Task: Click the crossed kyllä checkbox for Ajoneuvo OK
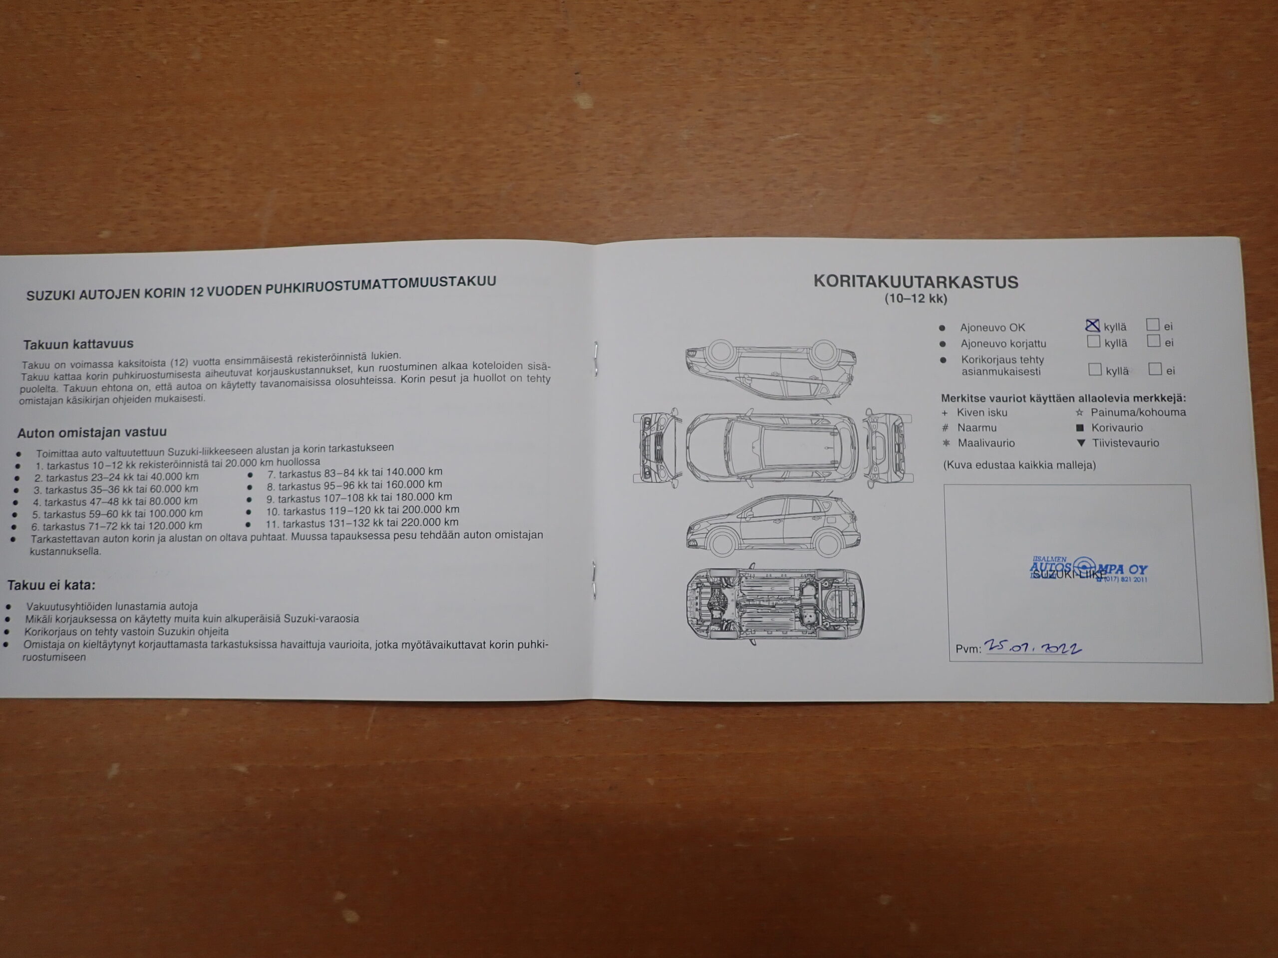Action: click(x=1092, y=326)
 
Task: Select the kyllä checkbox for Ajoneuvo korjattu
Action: click(x=1093, y=341)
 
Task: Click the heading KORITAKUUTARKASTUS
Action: click(x=916, y=282)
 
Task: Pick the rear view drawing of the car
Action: click(x=888, y=447)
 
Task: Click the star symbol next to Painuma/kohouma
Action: click(x=1079, y=413)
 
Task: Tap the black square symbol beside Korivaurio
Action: click(x=1080, y=428)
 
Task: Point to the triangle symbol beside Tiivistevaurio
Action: click(x=1081, y=444)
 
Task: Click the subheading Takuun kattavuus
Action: click(x=78, y=344)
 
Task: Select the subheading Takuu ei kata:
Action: click(x=51, y=585)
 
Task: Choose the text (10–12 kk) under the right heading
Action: click(x=916, y=298)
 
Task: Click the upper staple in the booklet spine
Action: click(x=596, y=358)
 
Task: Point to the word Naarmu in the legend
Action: click(x=976, y=428)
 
